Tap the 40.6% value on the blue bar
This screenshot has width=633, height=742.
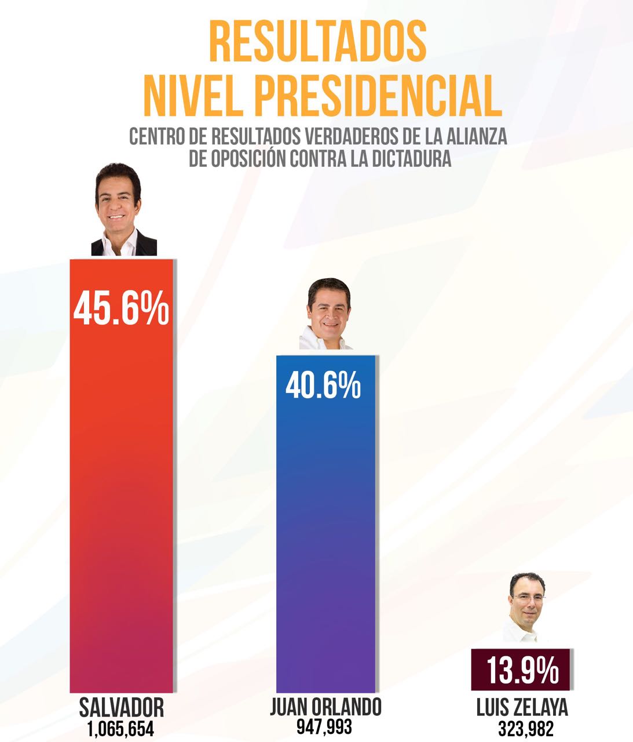point(323,385)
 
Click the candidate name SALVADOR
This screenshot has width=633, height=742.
point(122,708)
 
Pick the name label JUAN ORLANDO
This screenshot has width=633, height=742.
point(325,707)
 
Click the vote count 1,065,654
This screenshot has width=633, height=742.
point(121,729)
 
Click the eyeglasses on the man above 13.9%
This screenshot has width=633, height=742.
point(528,596)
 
